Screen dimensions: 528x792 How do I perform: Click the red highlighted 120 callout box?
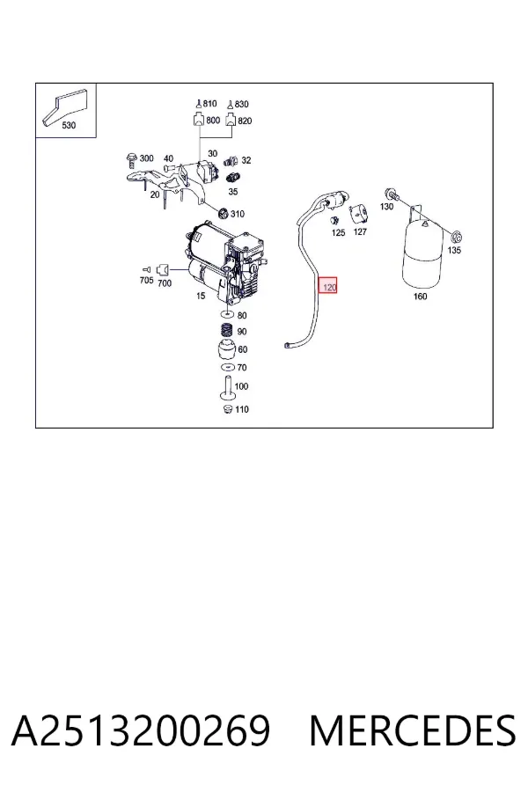328,287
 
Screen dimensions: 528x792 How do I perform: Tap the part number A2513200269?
141,730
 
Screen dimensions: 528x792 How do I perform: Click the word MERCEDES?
413,730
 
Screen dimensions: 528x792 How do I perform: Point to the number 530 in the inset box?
69,125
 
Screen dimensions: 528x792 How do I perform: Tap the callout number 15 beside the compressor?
201,296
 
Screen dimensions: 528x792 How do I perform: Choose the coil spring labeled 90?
228,331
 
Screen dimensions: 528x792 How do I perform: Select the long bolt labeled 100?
226,388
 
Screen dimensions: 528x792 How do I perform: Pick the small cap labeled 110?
227,408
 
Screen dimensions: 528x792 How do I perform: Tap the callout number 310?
237,214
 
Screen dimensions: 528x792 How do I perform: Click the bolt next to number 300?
132,159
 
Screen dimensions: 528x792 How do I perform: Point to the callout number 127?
360,231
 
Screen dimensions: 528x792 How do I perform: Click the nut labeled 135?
456,237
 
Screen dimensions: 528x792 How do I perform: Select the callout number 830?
241,104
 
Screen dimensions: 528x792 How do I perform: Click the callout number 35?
233,192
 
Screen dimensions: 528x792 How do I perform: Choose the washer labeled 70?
227,367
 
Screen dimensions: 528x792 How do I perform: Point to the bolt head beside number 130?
391,193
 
